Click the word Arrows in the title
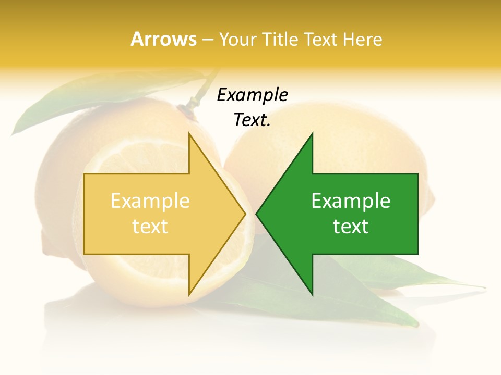[x=163, y=39]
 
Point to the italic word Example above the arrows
[x=252, y=95]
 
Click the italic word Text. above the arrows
[x=252, y=120]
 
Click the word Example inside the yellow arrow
[x=150, y=201]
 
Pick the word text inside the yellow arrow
[x=150, y=227]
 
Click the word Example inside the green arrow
[x=351, y=201]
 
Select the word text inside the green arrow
[x=351, y=227]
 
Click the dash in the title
[x=207, y=40]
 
